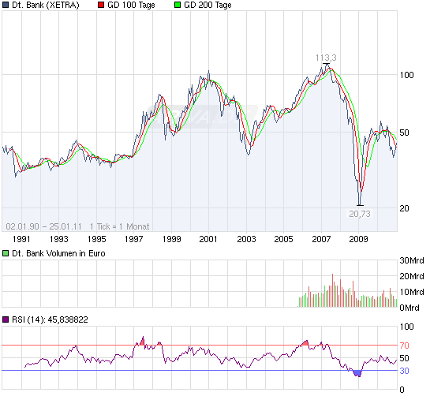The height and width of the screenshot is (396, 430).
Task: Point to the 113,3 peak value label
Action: click(x=326, y=58)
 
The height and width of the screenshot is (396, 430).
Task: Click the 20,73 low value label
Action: click(x=360, y=213)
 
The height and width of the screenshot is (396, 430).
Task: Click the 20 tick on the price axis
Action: click(x=405, y=207)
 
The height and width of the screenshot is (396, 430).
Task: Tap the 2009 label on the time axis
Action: click(x=360, y=238)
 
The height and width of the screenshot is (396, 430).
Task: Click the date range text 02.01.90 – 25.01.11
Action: click(x=44, y=225)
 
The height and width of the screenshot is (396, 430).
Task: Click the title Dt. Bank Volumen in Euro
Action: click(x=58, y=253)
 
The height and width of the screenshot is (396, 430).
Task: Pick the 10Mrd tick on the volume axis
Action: click(x=413, y=292)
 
